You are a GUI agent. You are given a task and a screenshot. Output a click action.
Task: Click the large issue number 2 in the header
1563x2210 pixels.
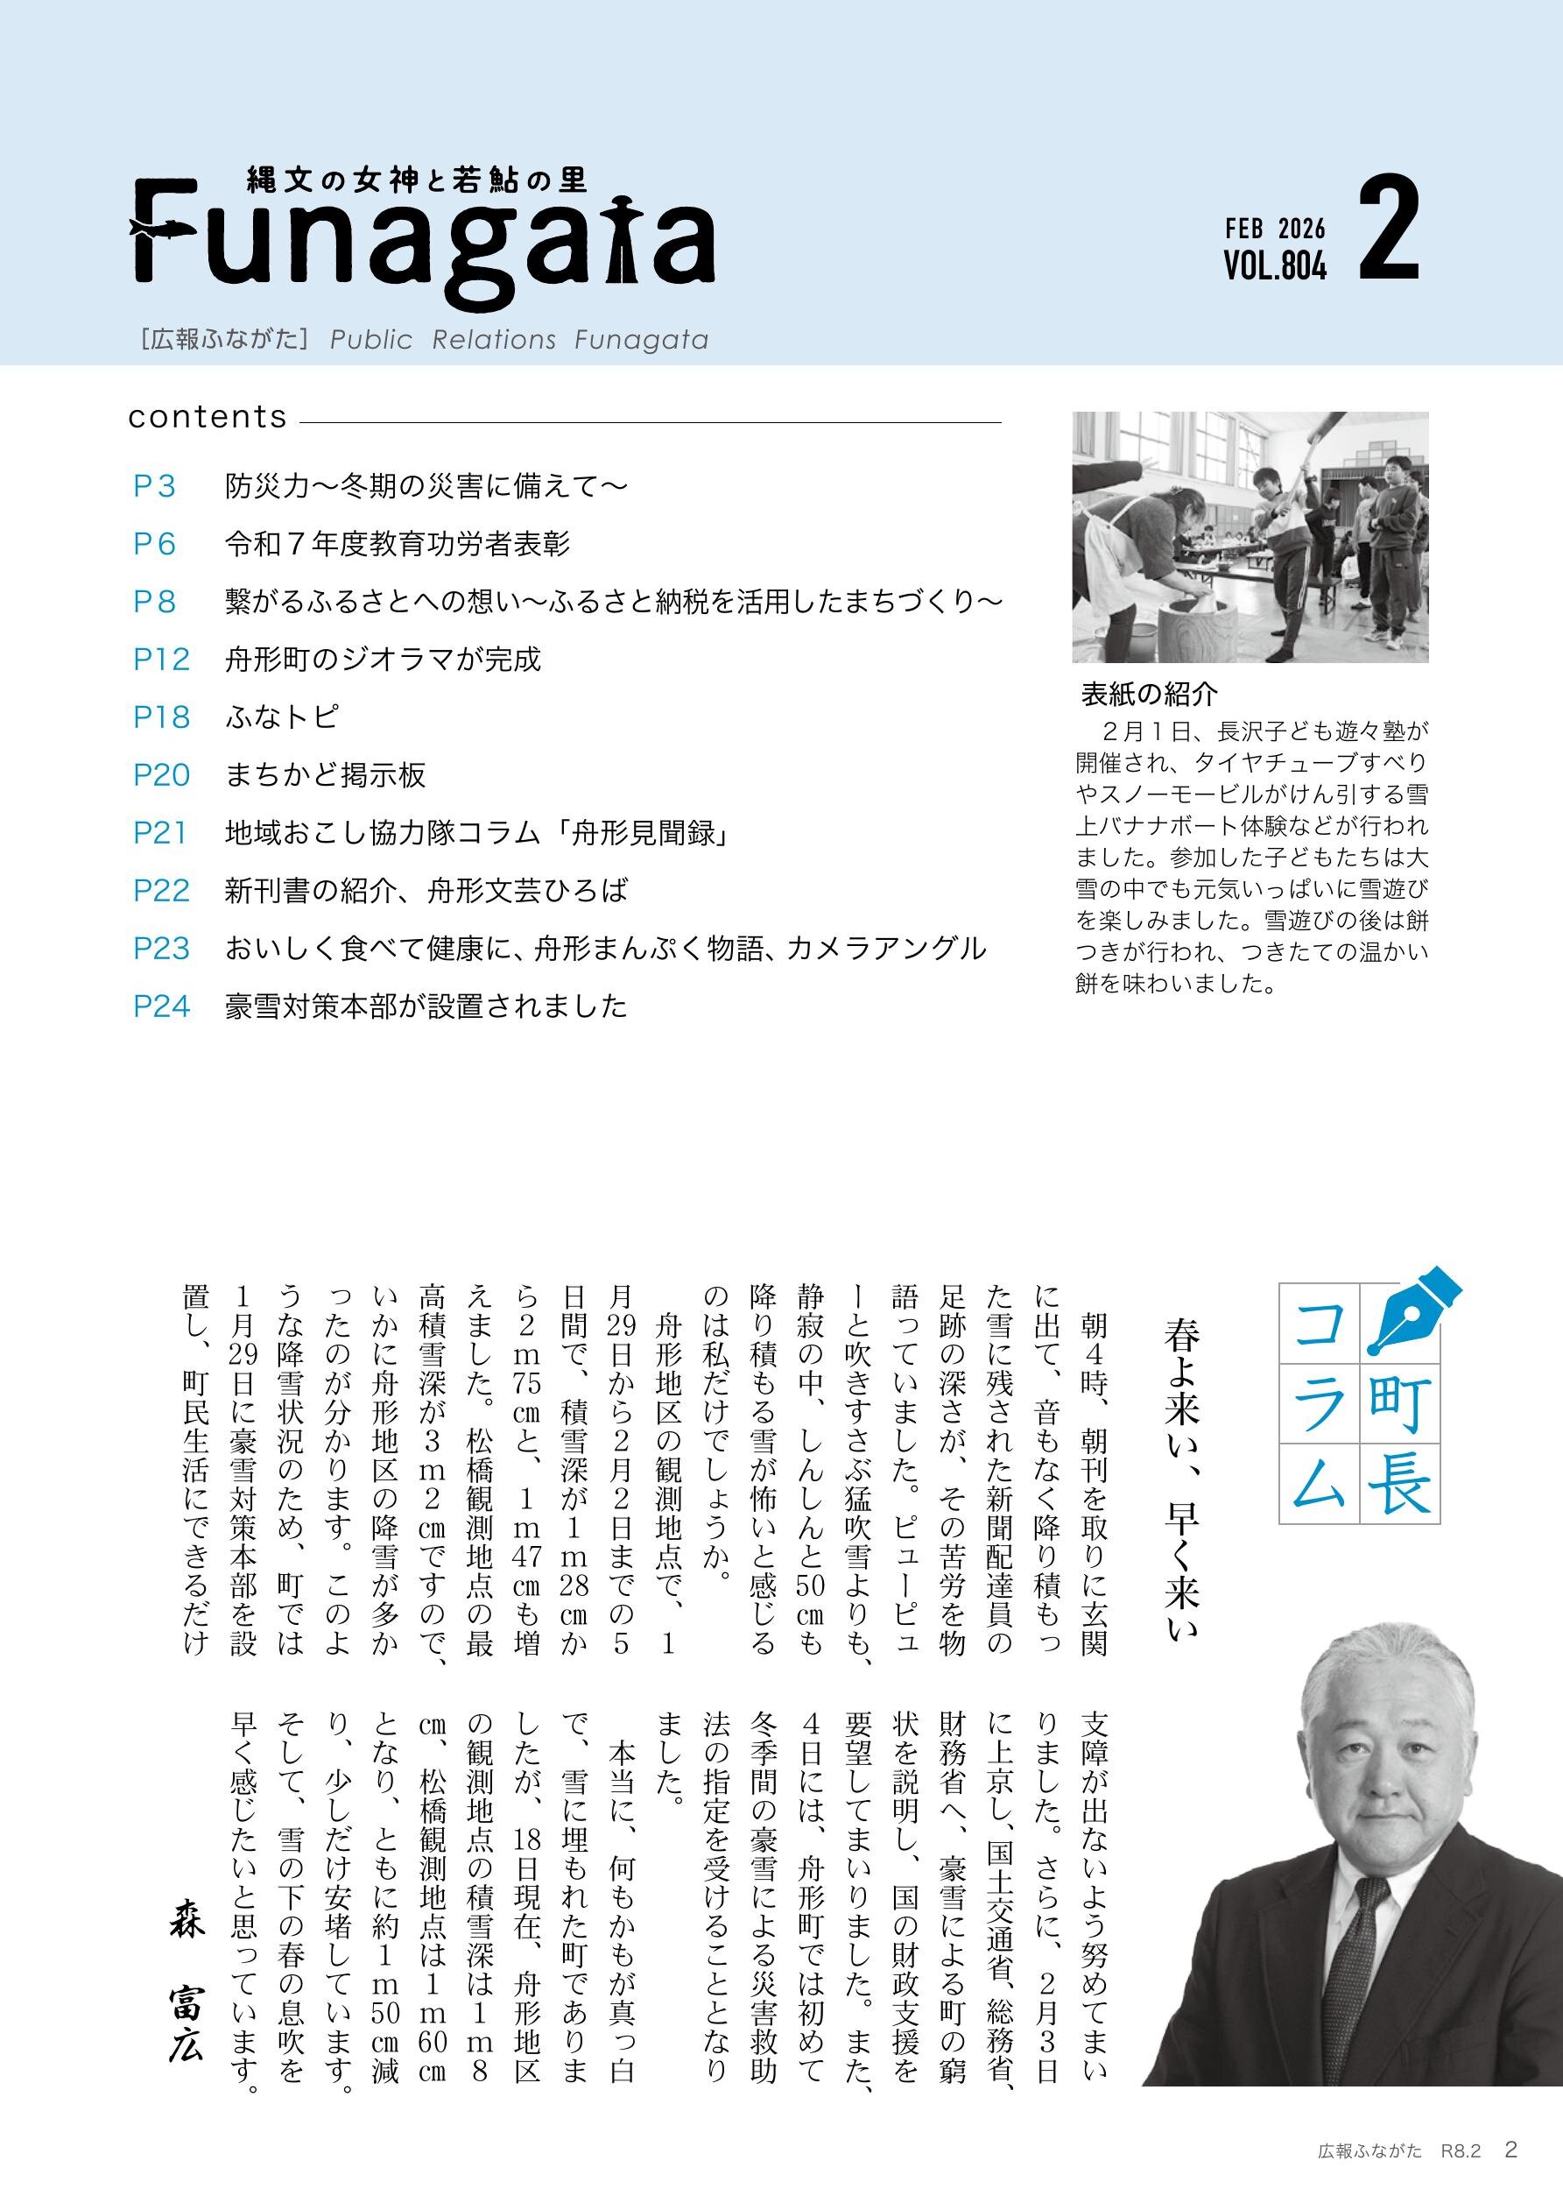click(x=1389, y=232)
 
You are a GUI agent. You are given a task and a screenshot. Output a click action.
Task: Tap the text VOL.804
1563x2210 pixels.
click(x=1274, y=265)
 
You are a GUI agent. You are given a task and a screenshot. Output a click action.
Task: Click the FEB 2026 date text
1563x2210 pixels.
click(x=1274, y=229)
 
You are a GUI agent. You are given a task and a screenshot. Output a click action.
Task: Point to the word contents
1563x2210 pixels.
click(x=208, y=417)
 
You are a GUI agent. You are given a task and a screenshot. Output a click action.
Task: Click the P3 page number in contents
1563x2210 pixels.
click(x=154, y=487)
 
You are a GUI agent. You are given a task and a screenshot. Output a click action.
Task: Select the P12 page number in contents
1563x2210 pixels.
click(x=161, y=660)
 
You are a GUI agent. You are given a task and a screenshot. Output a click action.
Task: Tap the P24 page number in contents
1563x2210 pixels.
click(x=162, y=1006)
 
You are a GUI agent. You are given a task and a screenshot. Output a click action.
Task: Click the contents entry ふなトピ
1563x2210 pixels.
click(x=281, y=718)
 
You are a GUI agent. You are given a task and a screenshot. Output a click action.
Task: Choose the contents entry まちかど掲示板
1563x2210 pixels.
click(x=326, y=776)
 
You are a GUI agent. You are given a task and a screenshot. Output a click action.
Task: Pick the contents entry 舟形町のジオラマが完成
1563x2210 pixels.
click(x=383, y=660)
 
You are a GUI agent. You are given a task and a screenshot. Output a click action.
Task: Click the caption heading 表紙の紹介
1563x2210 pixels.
click(x=1149, y=693)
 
